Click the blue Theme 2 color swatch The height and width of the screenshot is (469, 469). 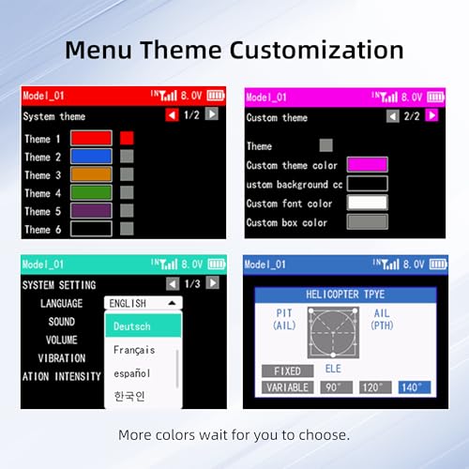click(x=91, y=157)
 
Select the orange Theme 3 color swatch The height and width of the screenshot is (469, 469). click(x=91, y=174)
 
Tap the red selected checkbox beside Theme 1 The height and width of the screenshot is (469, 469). click(x=127, y=138)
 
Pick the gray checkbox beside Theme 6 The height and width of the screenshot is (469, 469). click(x=127, y=229)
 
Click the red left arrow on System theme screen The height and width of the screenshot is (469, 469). click(x=172, y=115)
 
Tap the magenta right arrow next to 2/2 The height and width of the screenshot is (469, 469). click(x=431, y=115)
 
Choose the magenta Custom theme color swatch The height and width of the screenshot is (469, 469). click(x=368, y=164)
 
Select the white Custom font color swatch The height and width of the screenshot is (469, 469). click(x=368, y=203)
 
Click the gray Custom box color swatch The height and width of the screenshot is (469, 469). click(x=368, y=222)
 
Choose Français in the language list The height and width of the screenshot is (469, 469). click(x=134, y=350)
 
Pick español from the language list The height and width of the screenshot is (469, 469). click(x=132, y=373)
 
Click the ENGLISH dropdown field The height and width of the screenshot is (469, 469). click(x=144, y=303)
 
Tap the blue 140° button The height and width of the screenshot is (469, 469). click(x=415, y=387)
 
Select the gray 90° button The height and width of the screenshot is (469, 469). click(x=337, y=387)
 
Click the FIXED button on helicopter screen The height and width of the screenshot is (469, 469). click(x=288, y=371)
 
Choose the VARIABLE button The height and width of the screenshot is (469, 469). click(x=288, y=387)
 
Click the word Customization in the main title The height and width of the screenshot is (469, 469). click(x=317, y=50)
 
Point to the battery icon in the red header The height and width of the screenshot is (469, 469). click(x=216, y=96)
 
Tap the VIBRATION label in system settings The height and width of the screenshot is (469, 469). click(x=62, y=358)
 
